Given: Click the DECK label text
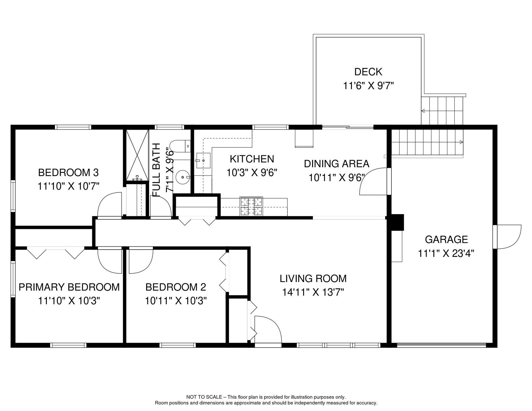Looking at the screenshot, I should [x=368, y=72].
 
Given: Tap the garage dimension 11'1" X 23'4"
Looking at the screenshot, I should [x=446, y=253].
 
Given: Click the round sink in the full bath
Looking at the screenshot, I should [x=183, y=177].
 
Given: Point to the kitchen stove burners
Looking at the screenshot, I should [x=251, y=206].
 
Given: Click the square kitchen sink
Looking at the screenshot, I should [x=203, y=161].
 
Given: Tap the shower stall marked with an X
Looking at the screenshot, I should [x=137, y=155].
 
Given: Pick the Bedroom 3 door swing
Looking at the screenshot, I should [x=110, y=205].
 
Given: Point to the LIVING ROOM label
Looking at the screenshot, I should [x=313, y=279].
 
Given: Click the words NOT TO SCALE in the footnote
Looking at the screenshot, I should [x=204, y=397].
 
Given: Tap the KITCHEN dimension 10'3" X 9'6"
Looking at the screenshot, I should [x=252, y=173].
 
